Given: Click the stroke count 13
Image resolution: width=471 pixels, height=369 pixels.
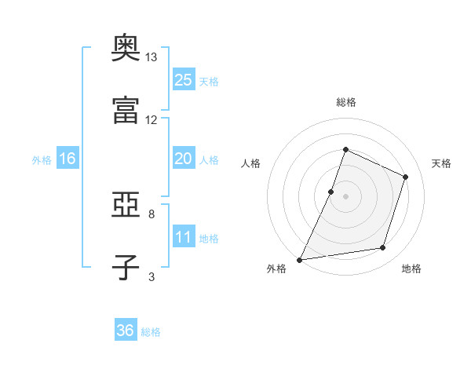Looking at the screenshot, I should click(x=152, y=57).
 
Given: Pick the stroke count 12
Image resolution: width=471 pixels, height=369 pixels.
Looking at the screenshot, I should click(x=152, y=119).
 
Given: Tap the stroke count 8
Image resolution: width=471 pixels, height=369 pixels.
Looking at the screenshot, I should click(x=152, y=214).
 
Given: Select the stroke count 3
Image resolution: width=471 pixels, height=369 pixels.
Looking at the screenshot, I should click(x=152, y=276).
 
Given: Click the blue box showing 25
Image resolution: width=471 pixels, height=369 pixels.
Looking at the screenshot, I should click(x=183, y=79).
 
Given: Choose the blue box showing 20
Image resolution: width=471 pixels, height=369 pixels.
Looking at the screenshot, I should click(x=183, y=159).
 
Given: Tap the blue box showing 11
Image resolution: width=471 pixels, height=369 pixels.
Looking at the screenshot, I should click(x=183, y=237).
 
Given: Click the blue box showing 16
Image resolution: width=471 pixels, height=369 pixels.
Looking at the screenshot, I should click(x=68, y=159).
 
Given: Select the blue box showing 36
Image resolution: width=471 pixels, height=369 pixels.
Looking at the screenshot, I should click(x=126, y=331).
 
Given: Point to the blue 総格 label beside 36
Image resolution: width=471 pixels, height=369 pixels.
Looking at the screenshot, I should click(x=151, y=332).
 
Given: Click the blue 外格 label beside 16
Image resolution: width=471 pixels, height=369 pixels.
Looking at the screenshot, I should click(x=42, y=160).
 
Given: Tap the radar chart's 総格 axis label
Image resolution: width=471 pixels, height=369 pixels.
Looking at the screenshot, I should click(x=345, y=102).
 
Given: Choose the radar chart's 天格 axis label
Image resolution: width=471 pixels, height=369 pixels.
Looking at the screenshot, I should click(x=441, y=163).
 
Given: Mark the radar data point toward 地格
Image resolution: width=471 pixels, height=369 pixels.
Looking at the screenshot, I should click(x=383, y=248).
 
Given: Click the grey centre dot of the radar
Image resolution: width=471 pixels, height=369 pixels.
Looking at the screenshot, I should click(x=345, y=195).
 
